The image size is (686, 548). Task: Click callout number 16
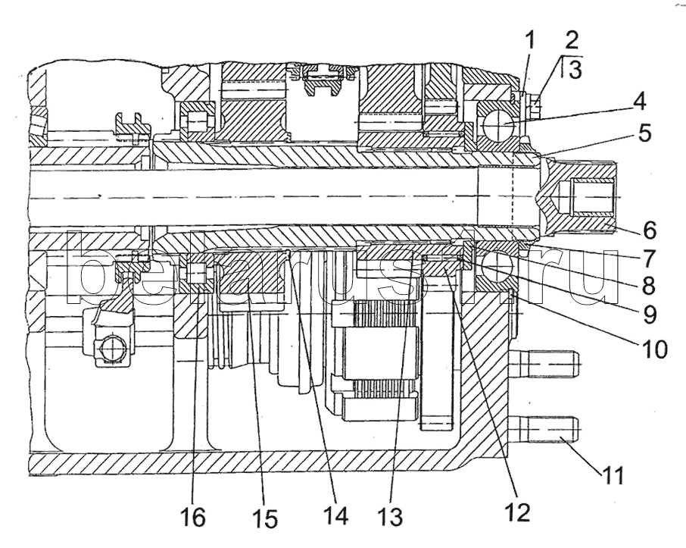pos(193,518)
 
